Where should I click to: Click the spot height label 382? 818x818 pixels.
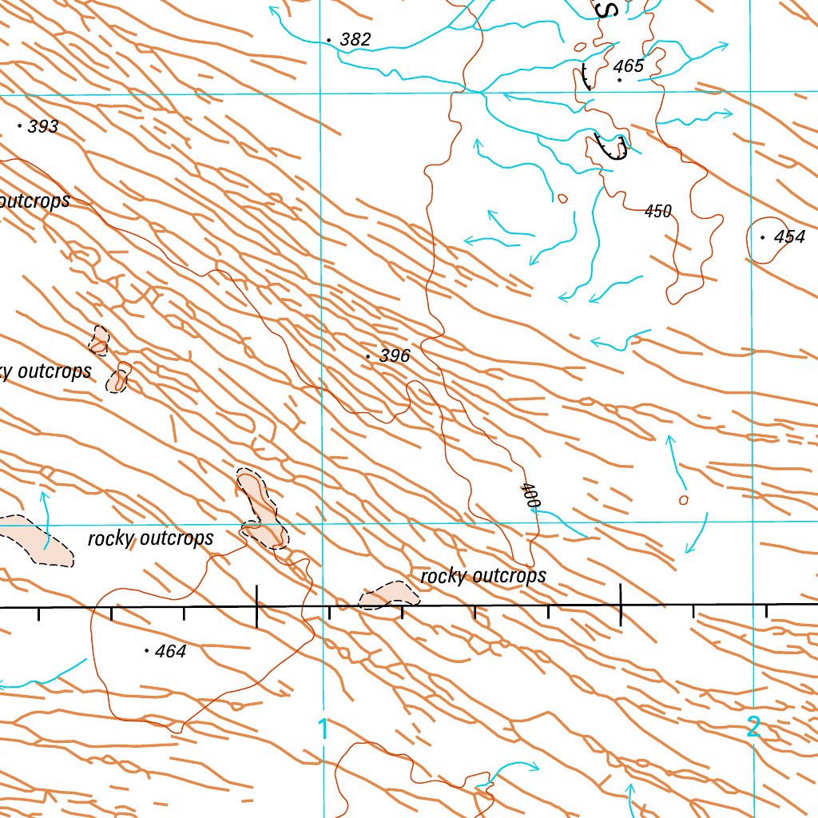(355, 40)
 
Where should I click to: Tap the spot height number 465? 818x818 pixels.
(629, 66)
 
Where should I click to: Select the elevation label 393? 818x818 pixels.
(43, 127)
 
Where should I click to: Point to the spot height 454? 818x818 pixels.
(789, 237)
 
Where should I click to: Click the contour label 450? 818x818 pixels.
(658, 212)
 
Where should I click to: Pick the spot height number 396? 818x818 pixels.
(395, 356)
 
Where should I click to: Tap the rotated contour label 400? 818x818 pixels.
(530, 495)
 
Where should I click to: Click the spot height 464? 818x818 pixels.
(170, 652)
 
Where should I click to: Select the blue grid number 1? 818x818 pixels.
(324, 729)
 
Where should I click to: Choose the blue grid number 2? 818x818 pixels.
(753, 727)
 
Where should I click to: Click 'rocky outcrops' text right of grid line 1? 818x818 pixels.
(482, 576)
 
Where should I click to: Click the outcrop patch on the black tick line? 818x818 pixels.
(389, 594)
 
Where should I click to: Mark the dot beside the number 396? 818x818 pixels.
(367, 355)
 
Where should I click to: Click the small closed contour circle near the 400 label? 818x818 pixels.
(683, 500)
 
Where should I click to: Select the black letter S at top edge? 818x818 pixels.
(609, 10)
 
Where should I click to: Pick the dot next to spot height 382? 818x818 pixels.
(329, 40)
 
